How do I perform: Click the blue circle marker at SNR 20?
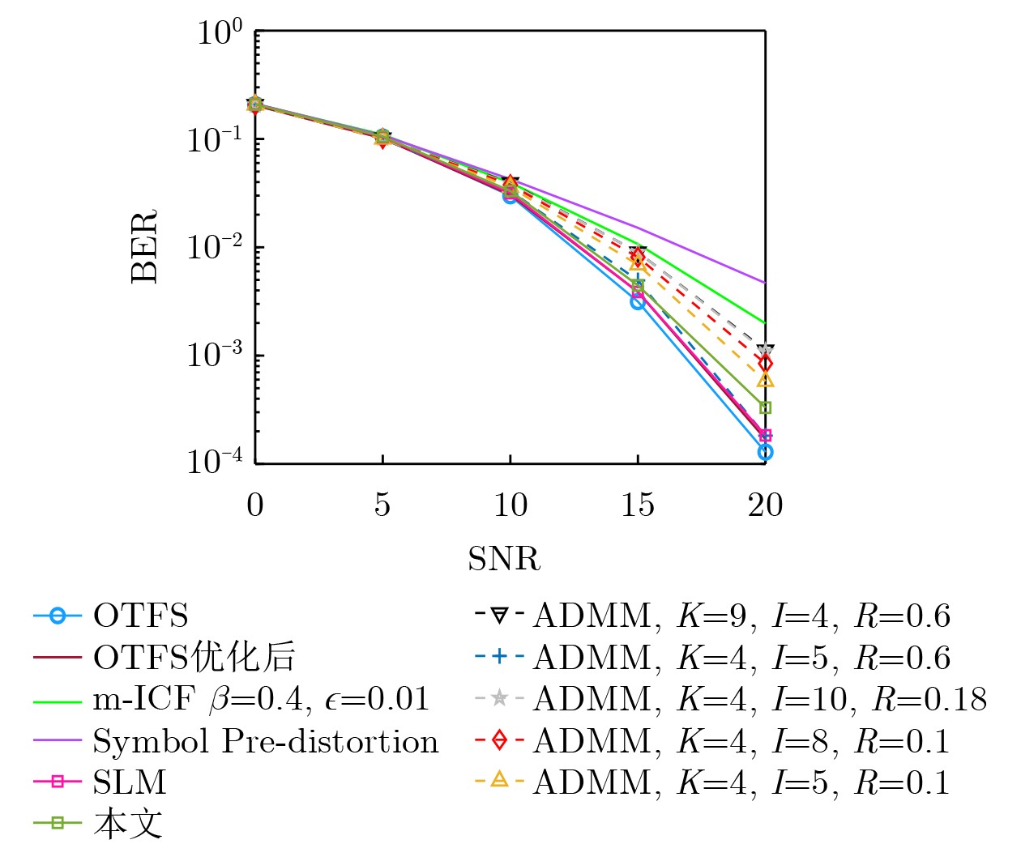pyautogui.click(x=765, y=452)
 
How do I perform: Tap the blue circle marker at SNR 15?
pyautogui.click(x=638, y=302)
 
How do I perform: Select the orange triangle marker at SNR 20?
pyautogui.click(x=765, y=379)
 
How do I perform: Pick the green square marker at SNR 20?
pyautogui.click(x=765, y=407)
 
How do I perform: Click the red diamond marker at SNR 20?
pyautogui.click(x=765, y=363)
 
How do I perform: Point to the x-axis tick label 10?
pyautogui.click(x=510, y=505)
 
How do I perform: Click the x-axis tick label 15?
pyautogui.click(x=638, y=505)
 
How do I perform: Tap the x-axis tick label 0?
pyautogui.click(x=255, y=505)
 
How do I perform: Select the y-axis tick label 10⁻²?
pyautogui.click(x=215, y=246)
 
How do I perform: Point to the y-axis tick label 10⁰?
pyautogui.click(x=220, y=32)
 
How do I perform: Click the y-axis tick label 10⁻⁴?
pyautogui.click(x=215, y=462)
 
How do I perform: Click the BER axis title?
pyautogui.click(x=145, y=246)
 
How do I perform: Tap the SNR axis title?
pyautogui.click(x=504, y=559)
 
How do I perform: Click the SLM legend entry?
pyautogui.click(x=130, y=782)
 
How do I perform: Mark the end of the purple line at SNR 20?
pyautogui.click(x=765, y=283)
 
